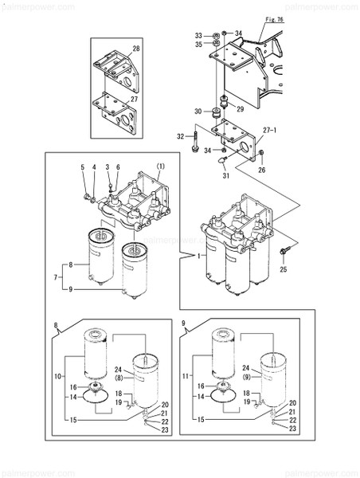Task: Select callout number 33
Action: tap(198, 35)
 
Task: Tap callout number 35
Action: tap(198, 45)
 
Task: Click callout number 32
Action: tap(180, 136)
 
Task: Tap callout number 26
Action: tap(261, 169)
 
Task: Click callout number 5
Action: tap(82, 167)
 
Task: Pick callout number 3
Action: tap(107, 167)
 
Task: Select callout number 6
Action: tap(119, 167)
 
